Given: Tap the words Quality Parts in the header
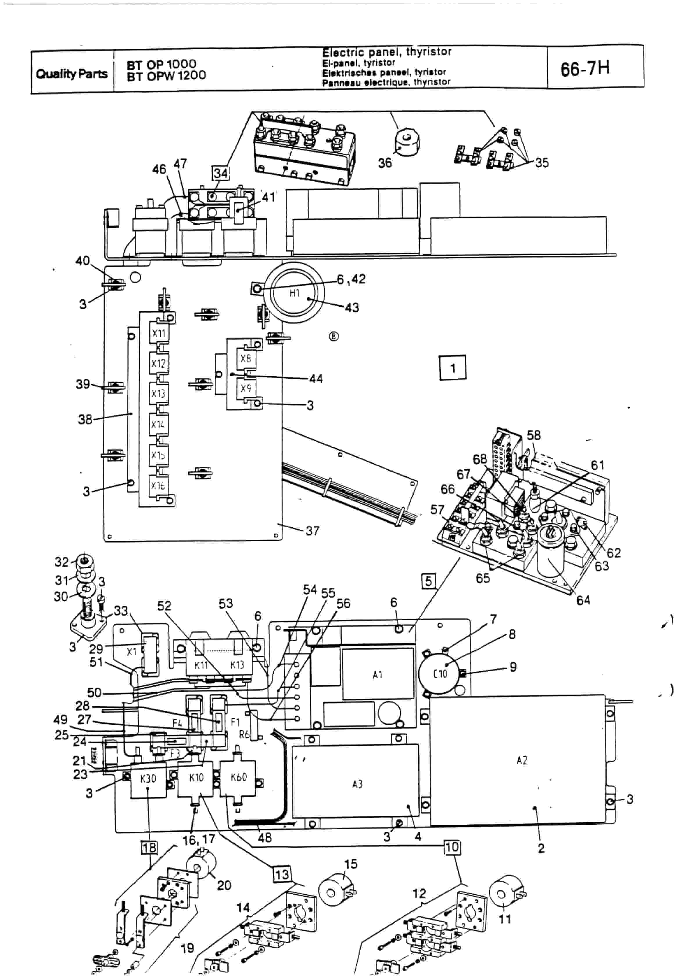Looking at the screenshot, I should click(71, 74).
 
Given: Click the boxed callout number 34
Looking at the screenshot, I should click(221, 173).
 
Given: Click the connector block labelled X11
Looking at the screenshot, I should click(159, 333).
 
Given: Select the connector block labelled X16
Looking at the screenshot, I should click(158, 485).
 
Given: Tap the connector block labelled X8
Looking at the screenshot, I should click(245, 359).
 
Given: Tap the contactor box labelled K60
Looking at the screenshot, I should click(239, 777).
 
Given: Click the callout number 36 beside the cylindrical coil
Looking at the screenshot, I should click(385, 163).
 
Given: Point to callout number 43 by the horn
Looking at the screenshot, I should click(352, 308).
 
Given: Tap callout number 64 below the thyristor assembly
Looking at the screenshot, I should click(583, 600).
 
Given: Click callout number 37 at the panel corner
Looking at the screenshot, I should click(312, 531).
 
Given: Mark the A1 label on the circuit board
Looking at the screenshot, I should click(377, 675).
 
